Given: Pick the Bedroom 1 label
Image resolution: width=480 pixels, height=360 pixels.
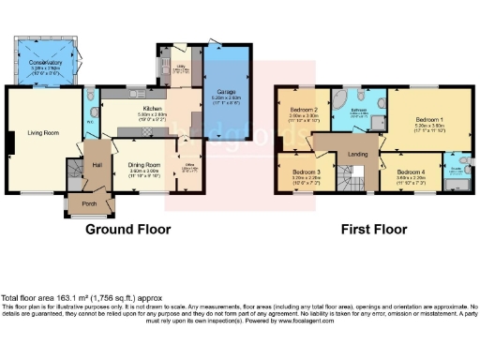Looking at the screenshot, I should [x=428, y=120].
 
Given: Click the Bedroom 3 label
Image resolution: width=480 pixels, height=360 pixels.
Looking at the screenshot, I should [x=307, y=172].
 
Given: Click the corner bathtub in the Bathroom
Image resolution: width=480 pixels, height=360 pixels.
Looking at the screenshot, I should [x=340, y=100].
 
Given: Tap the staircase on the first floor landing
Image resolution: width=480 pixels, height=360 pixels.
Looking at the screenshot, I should [x=352, y=177].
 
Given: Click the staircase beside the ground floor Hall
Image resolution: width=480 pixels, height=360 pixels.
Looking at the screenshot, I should [x=75, y=172].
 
